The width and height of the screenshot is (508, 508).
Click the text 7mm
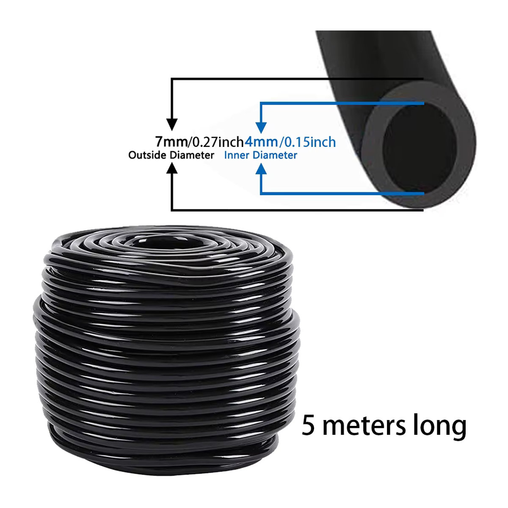(x=171, y=141)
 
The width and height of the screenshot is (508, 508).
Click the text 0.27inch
(x=217, y=142)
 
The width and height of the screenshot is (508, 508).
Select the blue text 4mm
(x=261, y=141)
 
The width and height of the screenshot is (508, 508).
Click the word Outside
(x=148, y=155)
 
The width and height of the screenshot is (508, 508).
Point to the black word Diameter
(x=192, y=155)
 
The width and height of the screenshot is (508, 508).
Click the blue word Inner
(x=237, y=155)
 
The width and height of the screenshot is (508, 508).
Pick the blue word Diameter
(x=275, y=155)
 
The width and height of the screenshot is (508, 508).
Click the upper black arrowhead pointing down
(x=172, y=124)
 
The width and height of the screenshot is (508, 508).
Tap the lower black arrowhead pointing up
(x=172, y=168)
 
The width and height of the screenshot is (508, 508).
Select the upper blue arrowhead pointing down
(x=261, y=127)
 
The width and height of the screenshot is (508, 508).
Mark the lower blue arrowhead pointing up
(x=261, y=169)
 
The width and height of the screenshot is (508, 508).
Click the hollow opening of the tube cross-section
(x=419, y=149)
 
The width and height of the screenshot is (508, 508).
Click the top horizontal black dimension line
(x=297, y=79)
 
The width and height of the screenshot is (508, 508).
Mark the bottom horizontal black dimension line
(x=297, y=210)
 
